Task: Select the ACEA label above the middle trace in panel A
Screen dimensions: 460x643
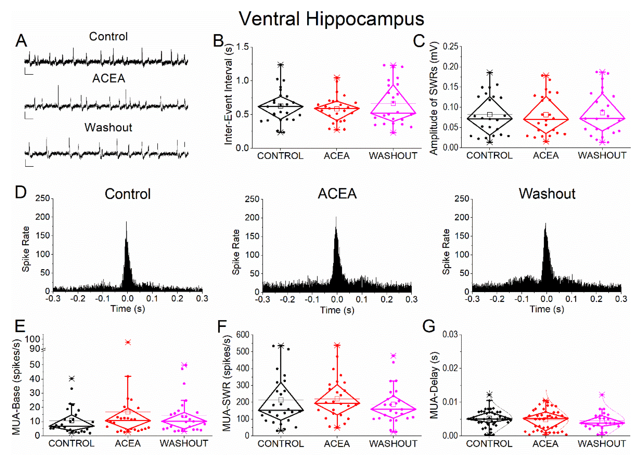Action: [x=109, y=78]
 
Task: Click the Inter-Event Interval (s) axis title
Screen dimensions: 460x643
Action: [x=228, y=95]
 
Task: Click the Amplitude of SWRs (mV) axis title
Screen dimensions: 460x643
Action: [x=434, y=98]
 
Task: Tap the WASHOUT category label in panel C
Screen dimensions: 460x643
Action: [x=602, y=155]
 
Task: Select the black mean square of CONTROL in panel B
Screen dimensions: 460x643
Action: [x=280, y=106]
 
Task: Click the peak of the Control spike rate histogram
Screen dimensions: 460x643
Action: [x=126, y=222]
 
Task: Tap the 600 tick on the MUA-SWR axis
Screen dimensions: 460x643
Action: [x=243, y=335]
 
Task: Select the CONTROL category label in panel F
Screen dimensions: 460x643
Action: [x=280, y=444]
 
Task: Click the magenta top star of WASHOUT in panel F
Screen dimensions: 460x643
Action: [x=393, y=356]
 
